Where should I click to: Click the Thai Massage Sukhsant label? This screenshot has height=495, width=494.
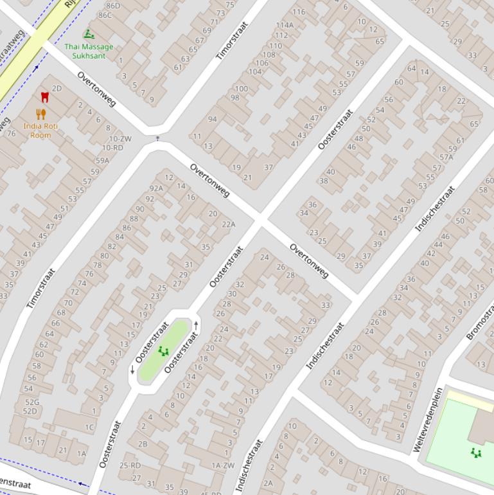[x=89, y=51]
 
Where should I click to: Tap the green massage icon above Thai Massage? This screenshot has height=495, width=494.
[x=89, y=33]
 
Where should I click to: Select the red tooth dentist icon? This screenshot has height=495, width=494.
[x=44, y=97]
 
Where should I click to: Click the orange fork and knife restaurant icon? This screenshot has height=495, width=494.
[x=41, y=114]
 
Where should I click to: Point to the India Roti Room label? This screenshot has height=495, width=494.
[x=40, y=130]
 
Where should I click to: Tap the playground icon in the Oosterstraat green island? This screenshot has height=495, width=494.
[x=163, y=351]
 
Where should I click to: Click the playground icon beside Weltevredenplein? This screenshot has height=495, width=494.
[x=476, y=453]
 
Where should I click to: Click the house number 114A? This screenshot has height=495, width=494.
[x=284, y=25]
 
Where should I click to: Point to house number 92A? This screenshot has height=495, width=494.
[x=156, y=188]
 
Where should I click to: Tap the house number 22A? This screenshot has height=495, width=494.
[x=229, y=224]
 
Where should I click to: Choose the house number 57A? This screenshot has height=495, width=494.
[x=446, y=157]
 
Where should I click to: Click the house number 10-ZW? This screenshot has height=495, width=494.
[x=120, y=138]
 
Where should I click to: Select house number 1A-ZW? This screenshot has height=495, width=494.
[x=223, y=465]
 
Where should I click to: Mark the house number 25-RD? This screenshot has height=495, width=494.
[x=130, y=465]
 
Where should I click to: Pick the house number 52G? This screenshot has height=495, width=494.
[x=31, y=402]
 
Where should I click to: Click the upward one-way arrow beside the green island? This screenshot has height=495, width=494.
[x=196, y=327]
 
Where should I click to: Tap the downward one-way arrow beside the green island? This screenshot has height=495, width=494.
[x=132, y=370]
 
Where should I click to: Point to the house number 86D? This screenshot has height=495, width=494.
[x=112, y=6]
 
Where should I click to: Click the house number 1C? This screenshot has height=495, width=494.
[x=89, y=427]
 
